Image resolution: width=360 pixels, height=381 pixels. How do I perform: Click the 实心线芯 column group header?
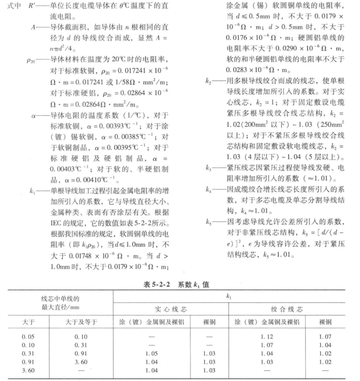[171, 309]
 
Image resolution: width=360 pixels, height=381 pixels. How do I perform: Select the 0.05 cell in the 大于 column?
[28, 336]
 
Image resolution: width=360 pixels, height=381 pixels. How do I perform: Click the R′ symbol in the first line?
[34, 8]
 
